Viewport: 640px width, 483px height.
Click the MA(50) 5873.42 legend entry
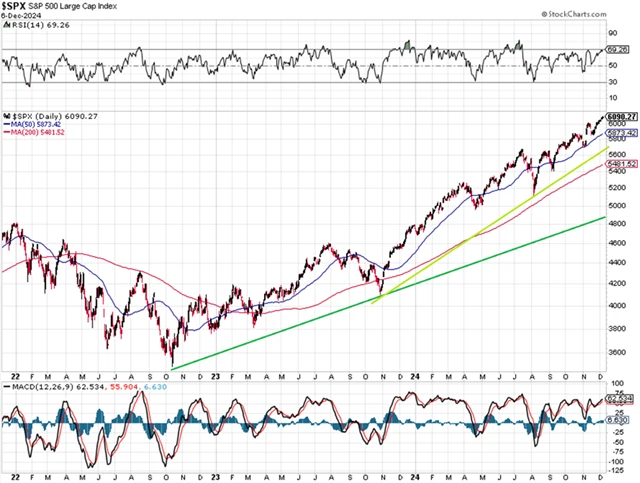(35, 123)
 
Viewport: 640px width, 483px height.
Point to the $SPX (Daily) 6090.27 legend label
(45, 114)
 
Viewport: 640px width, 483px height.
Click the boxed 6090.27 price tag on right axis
(621, 116)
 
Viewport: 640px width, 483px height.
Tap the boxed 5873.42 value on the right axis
(621, 133)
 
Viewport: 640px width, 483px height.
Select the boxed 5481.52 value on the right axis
(621, 164)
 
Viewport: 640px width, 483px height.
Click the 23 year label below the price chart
(217, 375)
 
